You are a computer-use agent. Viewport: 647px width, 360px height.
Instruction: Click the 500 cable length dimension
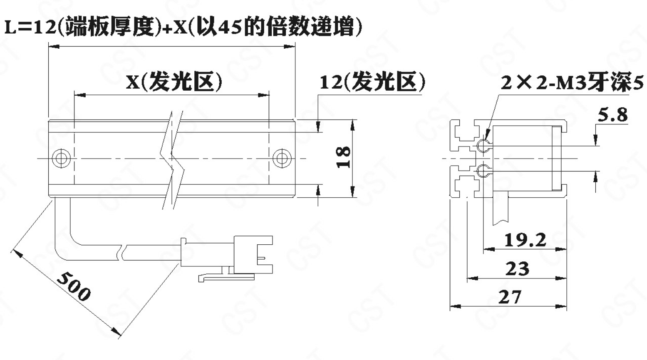point(73,286)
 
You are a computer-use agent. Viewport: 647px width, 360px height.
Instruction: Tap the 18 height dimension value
point(344,157)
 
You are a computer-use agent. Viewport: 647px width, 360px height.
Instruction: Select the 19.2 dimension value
point(525,240)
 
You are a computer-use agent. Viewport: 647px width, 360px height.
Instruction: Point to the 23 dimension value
point(517,269)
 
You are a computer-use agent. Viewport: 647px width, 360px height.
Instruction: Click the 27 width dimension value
point(510,297)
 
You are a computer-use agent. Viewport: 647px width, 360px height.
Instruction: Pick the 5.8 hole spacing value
point(612,114)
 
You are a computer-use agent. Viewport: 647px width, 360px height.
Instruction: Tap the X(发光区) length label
point(174,82)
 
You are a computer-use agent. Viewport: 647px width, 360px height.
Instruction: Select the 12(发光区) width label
point(372,82)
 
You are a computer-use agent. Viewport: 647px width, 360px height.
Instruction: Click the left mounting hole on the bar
point(61,158)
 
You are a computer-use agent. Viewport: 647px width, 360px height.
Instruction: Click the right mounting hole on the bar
point(282,158)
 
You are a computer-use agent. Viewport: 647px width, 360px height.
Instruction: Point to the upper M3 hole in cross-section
point(483,146)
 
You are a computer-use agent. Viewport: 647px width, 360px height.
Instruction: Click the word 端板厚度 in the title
point(110,27)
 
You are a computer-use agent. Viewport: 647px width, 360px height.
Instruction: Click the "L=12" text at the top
point(29,27)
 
